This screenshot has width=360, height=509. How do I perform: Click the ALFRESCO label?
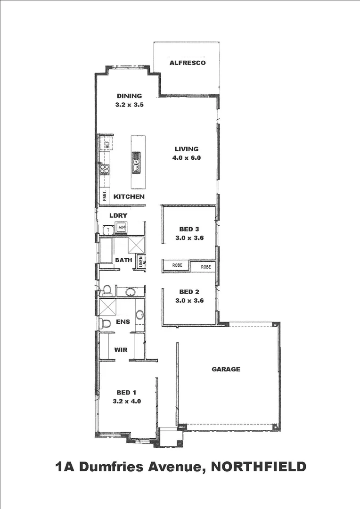tap(187, 63)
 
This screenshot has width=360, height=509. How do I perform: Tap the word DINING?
tap(129, 96)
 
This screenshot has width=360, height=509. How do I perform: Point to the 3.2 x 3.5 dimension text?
tap(129, 105)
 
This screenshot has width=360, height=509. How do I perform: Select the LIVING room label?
tap(187, 149)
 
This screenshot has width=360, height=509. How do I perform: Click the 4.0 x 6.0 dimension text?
tap(187, 158)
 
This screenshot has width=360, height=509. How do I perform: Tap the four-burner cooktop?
tap(104, 170)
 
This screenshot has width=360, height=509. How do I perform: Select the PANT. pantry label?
tap(105, 195)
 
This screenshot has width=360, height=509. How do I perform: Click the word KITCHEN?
tap(129, 196)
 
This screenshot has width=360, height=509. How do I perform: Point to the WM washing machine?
tap(122, 228)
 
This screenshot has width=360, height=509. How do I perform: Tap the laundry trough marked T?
tap(108, 230)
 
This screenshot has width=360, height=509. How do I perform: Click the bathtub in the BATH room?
tap(106, 253)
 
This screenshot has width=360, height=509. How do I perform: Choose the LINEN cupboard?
tap(140, 262)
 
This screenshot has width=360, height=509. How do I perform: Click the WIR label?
tap(121, 350)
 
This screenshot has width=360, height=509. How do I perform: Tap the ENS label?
tap(123, 322)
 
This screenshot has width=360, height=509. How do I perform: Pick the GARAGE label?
tap(226, 369)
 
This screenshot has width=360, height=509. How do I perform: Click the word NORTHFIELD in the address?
tap(259, 467)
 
